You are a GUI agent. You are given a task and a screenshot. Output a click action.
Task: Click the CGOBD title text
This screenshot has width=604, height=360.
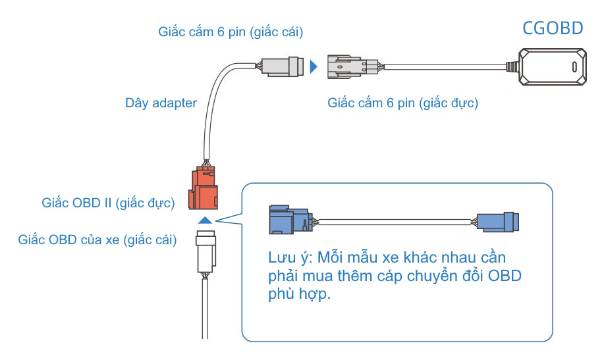pos(553,28)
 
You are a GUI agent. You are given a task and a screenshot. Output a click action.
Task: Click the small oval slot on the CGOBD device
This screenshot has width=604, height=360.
pos(574,66)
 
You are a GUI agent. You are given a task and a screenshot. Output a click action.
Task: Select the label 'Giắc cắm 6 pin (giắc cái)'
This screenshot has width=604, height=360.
pos(231,32)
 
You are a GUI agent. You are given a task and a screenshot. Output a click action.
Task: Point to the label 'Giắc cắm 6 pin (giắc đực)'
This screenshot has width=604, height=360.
pos(402,103)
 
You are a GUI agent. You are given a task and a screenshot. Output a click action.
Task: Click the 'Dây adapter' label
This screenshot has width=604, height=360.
pos(161,103)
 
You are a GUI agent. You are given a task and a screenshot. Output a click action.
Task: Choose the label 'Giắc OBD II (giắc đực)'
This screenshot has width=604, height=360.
pos(108,203)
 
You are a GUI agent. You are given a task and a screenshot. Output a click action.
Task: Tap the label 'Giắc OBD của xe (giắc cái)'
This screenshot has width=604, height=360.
pos(97,240)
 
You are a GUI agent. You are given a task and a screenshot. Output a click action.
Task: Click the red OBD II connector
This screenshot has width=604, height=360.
pos(203,188)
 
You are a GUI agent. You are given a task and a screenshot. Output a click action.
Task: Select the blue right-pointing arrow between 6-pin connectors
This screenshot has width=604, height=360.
pos(314,66)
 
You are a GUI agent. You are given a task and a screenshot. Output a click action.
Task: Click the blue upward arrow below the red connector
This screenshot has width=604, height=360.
pos(205,220)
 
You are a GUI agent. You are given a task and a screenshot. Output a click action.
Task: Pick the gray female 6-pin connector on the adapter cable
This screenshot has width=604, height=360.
pos(283,66)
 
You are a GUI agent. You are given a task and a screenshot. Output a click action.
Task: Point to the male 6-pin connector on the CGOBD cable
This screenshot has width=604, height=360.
pos(352,66)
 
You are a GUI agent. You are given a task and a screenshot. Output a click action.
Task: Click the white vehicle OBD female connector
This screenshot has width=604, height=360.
pos(206,252)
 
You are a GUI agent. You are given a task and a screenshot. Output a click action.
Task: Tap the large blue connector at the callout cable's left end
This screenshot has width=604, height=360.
pos(290,219)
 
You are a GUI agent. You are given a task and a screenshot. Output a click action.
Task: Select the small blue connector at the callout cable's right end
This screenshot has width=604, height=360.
pos(498,222)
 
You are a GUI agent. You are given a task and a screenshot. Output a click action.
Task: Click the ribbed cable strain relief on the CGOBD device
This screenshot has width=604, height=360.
pos(512,66)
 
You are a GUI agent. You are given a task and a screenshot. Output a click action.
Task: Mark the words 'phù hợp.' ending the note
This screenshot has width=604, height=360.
pos(299,295)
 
